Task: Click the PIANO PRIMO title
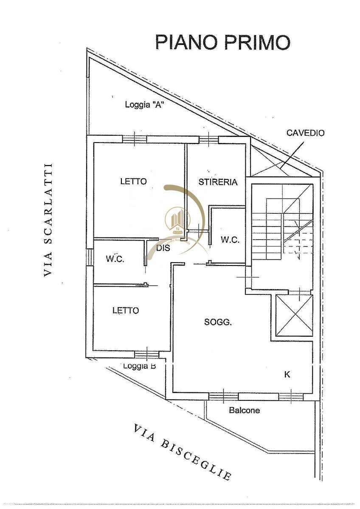[223, 42]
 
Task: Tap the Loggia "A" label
[145, 105]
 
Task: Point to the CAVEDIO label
[305, 133]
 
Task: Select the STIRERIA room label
[218, 182]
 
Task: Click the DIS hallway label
[163, 248]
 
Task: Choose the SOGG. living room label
[218, 322]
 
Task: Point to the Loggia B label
[140, 366]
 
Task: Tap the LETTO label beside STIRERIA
[133, 182]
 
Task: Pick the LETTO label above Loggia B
[126, 310]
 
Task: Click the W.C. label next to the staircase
[230, 240]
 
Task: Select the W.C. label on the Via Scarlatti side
[115, 259]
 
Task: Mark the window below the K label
[291, 397]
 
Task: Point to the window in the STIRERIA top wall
[209, 139]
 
